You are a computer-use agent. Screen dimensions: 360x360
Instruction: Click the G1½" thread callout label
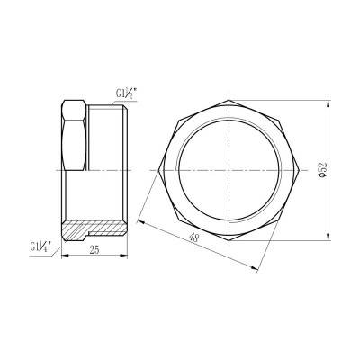tap(125, 92)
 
